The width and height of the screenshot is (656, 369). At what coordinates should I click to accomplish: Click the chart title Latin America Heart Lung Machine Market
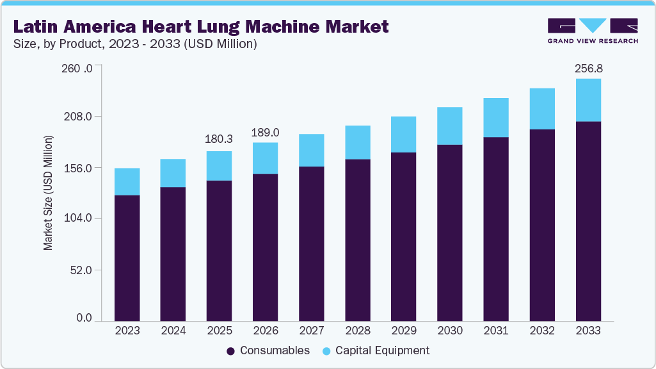pos(201,26)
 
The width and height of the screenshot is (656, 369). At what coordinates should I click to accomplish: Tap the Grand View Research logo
pos(593,30)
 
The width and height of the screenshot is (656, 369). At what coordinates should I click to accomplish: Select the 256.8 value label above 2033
pos(588,68)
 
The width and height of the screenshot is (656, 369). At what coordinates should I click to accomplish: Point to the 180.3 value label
pos(219,139)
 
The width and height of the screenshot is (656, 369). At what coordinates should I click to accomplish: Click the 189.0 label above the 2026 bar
pos(265,133)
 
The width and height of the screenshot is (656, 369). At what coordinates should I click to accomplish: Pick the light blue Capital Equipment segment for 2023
pos(127,182)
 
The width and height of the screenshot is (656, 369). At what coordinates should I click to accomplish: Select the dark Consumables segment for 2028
pos(357,240)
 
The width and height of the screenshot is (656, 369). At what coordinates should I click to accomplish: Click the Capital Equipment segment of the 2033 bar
pos(588,100)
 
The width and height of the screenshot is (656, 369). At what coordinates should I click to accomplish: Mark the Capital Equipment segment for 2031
pos(496,118)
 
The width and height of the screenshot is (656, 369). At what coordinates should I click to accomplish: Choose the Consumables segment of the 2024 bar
pos(173,254)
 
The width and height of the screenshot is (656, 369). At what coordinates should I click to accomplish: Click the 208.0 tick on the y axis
pos(81,117)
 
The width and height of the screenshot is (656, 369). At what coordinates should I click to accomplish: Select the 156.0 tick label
pos(81,168)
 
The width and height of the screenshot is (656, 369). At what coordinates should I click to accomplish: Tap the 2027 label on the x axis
pos(311,331)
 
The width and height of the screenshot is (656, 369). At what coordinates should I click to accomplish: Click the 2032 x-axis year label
pos(542,331)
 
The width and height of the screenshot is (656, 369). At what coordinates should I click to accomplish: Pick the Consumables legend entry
pos(268,350)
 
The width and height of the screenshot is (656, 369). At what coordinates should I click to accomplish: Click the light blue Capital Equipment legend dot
pos(326,351)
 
